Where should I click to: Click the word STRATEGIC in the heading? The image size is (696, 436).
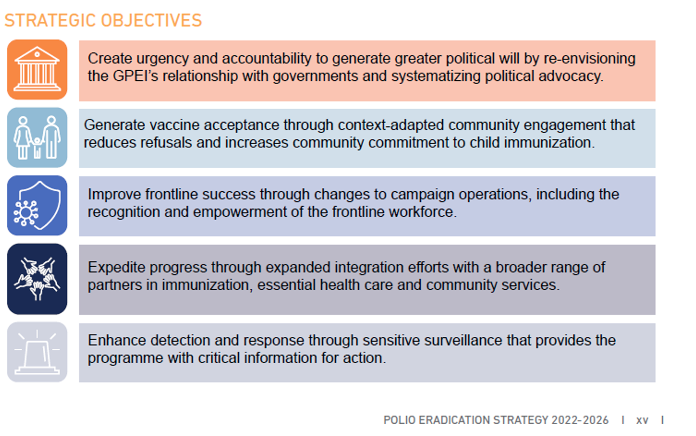coord(50,20)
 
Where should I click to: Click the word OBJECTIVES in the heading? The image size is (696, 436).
coord(152,20)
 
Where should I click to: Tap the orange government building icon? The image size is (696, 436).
coord(37,69)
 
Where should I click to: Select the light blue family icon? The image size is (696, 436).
coord(37,137)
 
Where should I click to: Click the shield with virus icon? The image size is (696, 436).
coord(37,206)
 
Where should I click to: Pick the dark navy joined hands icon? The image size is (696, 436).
coord(37,279)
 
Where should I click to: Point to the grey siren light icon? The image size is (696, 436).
coord(37,352)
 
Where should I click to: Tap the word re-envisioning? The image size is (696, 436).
coord(590,59)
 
